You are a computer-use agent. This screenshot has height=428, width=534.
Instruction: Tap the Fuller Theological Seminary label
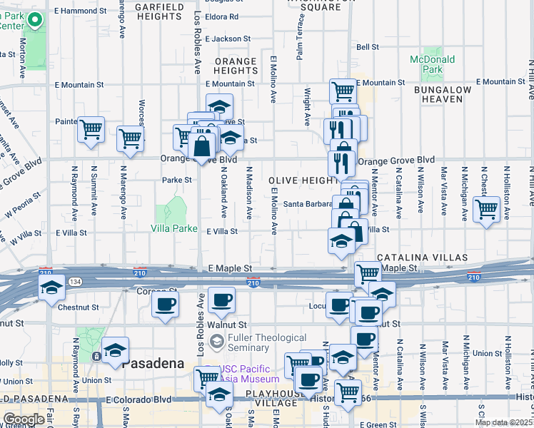click(268, 342)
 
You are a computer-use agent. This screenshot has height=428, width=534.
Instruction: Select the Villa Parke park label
click(173, 229)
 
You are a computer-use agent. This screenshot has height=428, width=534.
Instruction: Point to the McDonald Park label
click(427, 65)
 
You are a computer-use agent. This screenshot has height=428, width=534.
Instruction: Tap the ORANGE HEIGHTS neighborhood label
click(236, 66)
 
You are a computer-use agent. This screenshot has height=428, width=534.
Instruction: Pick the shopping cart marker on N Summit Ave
click(91, 130)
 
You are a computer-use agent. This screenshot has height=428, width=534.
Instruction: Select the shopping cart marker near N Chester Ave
click(486, 210)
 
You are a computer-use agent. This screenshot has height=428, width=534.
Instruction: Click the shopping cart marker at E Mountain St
click(343, 91)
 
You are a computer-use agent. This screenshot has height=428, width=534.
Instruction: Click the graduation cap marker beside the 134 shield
click(51, 288)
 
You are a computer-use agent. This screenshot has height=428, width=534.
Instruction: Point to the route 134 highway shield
click(74, 282)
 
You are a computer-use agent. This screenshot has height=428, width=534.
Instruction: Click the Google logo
click(24, 419)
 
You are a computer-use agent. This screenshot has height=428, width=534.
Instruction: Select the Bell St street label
click(367, 47)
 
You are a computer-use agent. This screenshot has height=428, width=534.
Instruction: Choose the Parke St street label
click(177, 180)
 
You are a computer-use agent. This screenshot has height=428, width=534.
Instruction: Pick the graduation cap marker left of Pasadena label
click(114, 350)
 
